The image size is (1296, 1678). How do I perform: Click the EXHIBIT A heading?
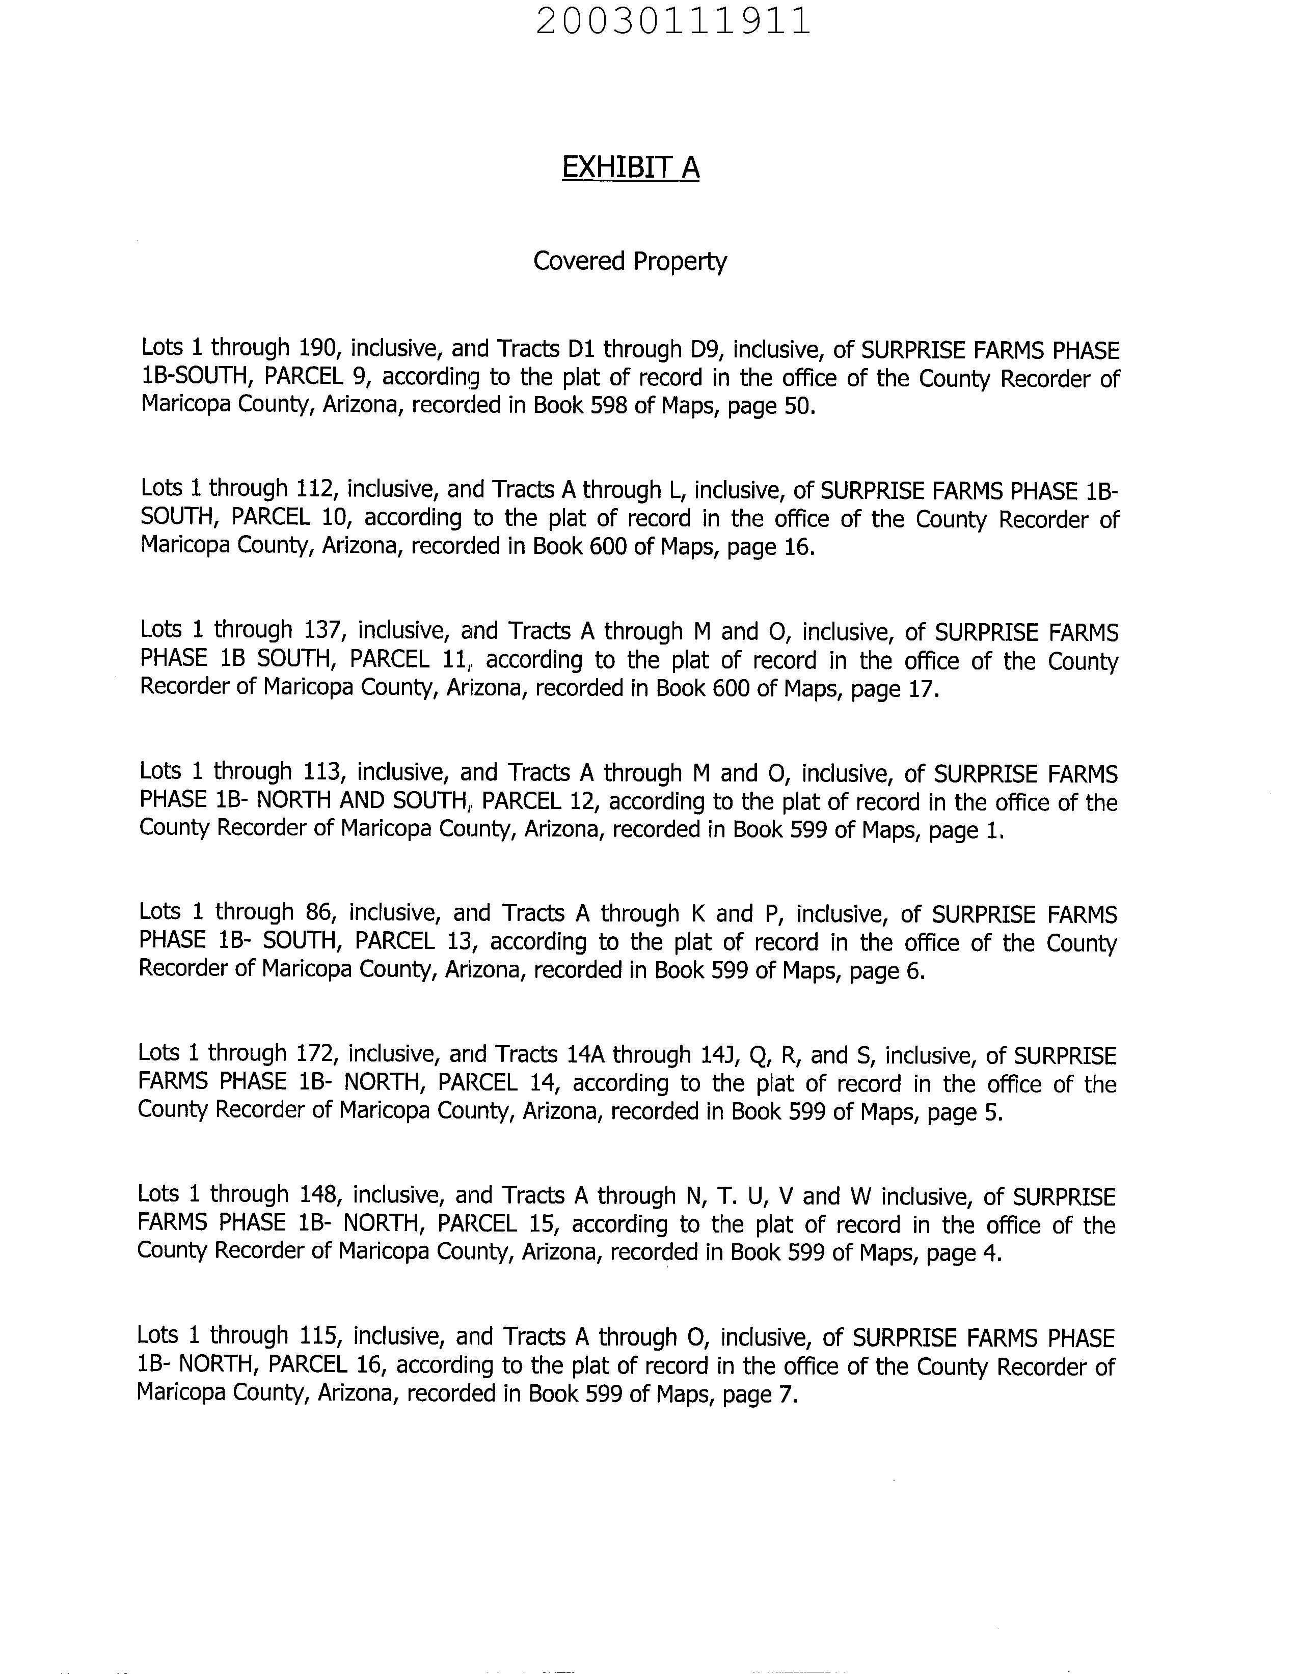coord(630,167)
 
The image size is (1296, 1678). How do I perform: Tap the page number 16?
coord(795,547)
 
